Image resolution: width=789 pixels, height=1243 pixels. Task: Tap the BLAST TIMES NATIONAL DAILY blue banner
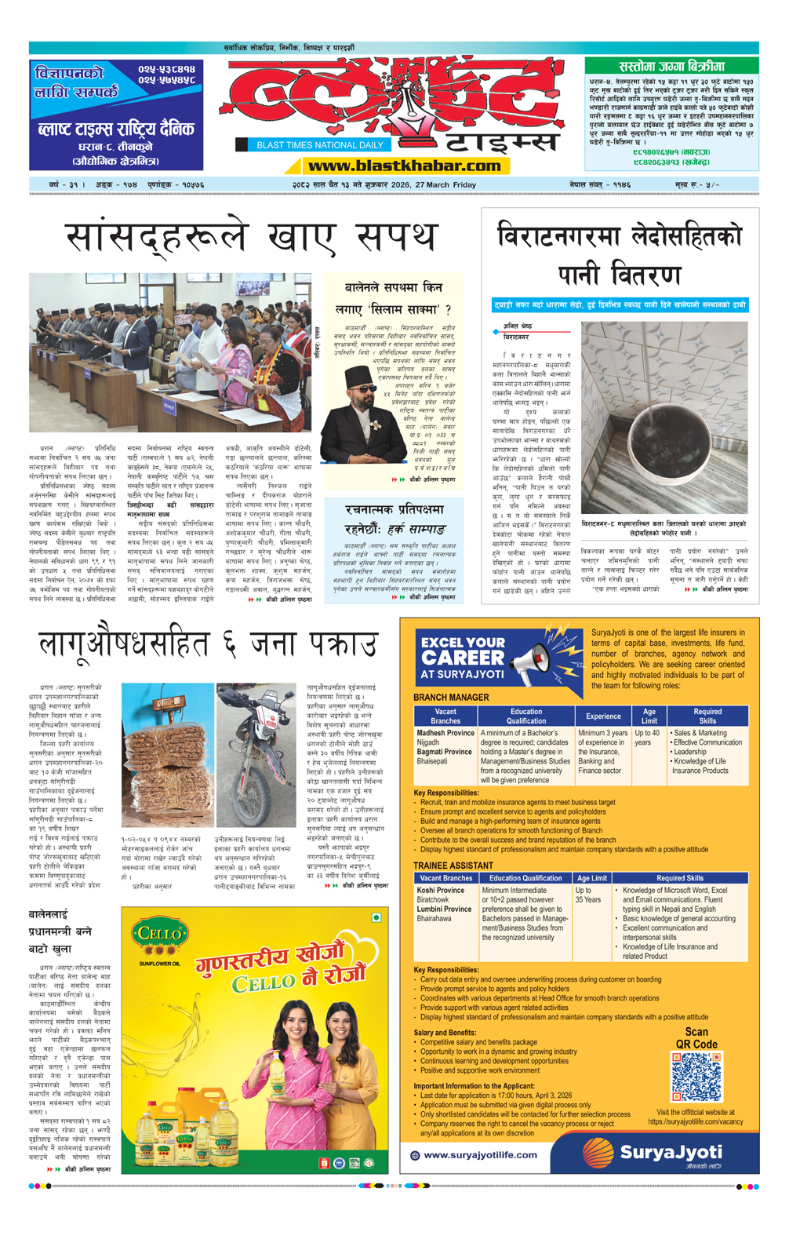[x=320, y=144]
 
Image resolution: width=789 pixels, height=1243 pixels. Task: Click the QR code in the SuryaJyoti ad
[x=696, y=1077]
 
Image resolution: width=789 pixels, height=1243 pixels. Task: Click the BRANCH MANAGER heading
[x=451, y=697]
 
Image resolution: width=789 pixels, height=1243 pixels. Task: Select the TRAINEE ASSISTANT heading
[x=453, y=866]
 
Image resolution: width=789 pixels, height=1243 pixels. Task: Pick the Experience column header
[x=603, y=716]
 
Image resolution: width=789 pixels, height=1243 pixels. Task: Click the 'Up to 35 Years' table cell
[x=588, y=895]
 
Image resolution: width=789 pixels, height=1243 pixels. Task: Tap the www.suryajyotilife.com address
[x=480, y=1154]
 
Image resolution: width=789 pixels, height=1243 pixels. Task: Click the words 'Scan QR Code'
[x=696, y=1037]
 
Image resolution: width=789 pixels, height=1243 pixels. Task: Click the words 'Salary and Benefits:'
[x=445, y=1033]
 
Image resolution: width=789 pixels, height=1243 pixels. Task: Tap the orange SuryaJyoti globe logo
[x=598, y=1153]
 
